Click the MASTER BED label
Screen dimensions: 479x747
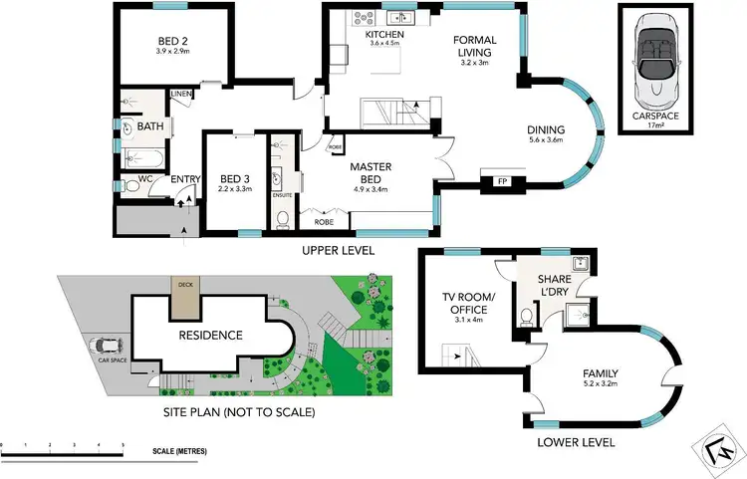(374, 173)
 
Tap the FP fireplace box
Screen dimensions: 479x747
(495, 182)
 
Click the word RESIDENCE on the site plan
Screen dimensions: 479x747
(210, 335)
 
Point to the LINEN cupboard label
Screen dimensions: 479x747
(181, 95)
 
